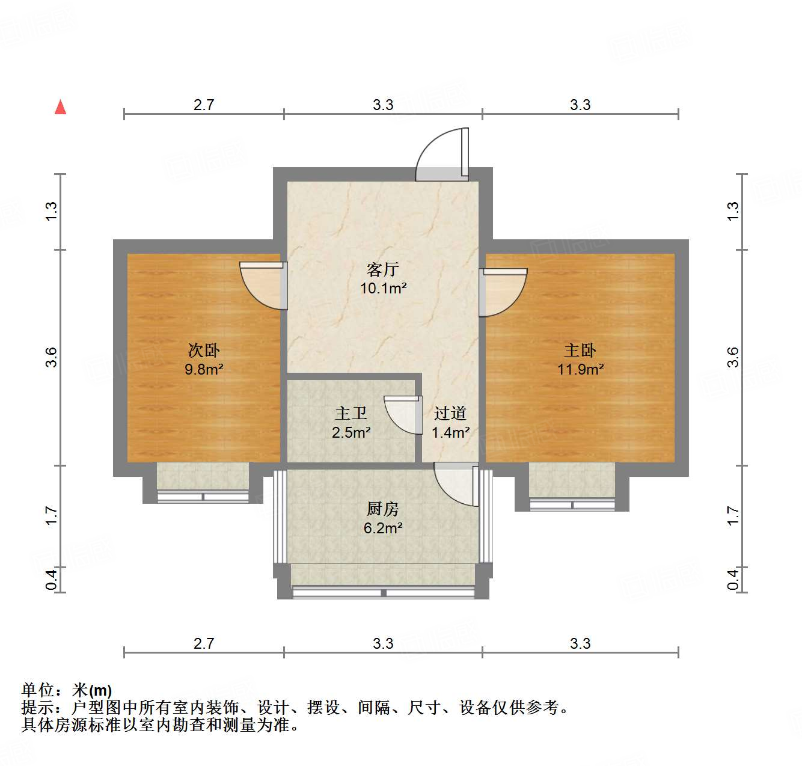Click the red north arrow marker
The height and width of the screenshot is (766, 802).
tap(60, 107)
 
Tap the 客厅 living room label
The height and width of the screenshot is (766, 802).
tap(383, 269)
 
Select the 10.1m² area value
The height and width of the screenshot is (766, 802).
tap(383, 288)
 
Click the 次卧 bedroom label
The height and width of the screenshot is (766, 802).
tap(204, 350)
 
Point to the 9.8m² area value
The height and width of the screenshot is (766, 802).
tap(204, 369)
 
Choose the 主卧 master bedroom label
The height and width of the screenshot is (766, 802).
tap(580, 350)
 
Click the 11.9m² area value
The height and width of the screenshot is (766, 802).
tap(580, 369)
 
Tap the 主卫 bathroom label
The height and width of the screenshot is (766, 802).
tap(351, 413)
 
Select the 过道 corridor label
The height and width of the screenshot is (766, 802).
tap(450, 413)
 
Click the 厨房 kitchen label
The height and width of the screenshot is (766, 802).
tap(383, 509)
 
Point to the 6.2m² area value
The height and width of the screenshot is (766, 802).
tap(383, 528)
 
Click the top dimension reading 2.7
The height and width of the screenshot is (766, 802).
tap(204, 105)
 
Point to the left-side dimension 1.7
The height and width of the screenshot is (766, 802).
tap(52, 515)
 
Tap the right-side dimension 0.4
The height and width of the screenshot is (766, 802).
tap(732, 580)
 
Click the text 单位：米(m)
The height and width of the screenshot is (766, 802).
tap(67, 690)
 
